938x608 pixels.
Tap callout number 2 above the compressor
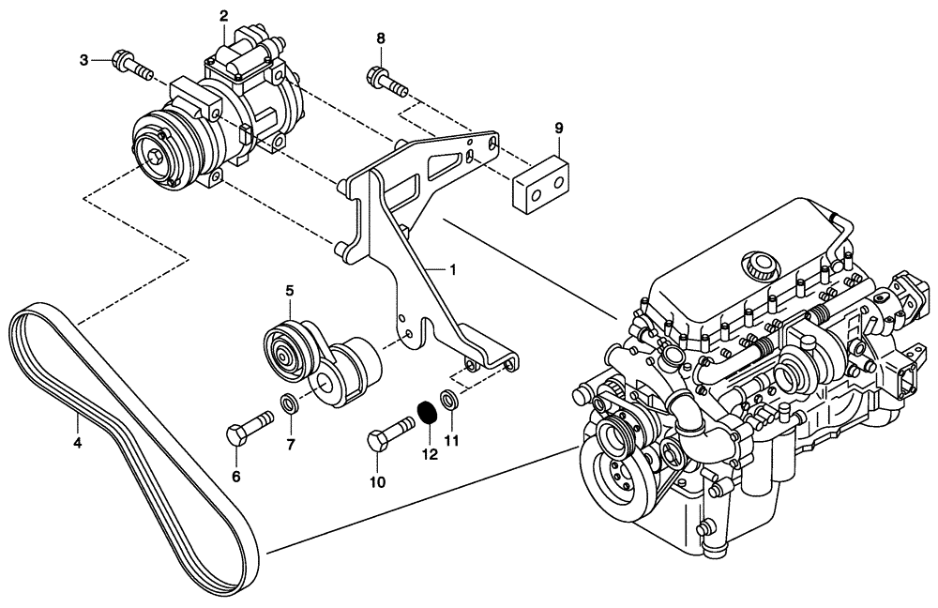coord(223,15)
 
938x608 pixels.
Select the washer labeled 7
coord(290,406)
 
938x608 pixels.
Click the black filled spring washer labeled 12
coord(429,411)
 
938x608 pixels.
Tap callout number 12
coord(430,455)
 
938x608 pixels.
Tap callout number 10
coord(377,482)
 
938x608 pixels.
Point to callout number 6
coord(235,477)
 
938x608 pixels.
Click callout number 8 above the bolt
coord(381,38)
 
